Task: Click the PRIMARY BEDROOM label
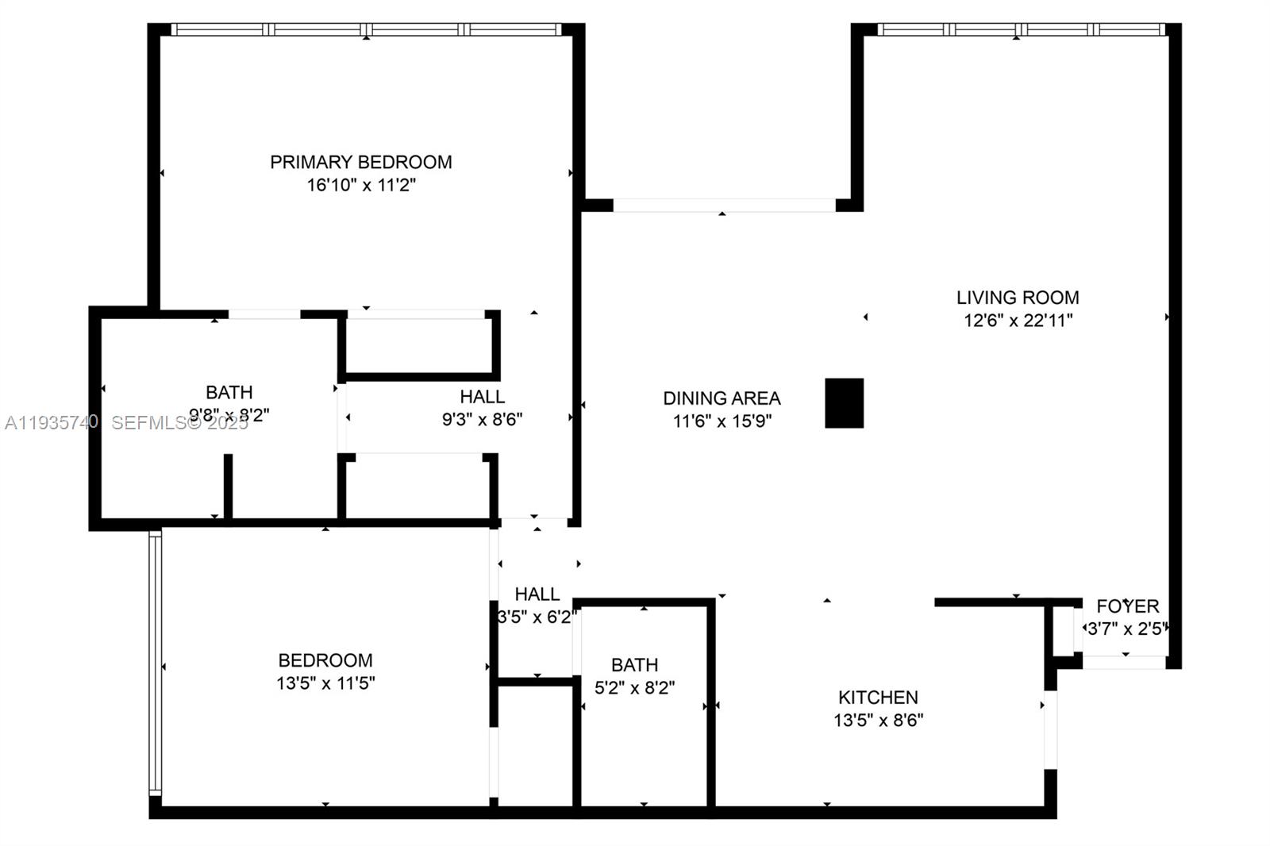point(361,162)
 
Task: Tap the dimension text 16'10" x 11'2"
point(361,185)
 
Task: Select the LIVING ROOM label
point(1018,298)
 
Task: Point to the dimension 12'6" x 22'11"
point(1018,321)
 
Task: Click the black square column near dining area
point(844,403)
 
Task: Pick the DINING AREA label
point(722,398)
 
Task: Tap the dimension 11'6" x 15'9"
point(722,421)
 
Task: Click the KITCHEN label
point(878,698)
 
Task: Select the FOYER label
point(1127,606)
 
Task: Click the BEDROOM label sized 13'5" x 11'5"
point(325,660)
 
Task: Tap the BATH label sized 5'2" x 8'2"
point(634,665)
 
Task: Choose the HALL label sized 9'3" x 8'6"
point(482,396)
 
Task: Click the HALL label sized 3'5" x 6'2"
point(537,594)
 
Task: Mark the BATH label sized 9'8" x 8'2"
point(229,392)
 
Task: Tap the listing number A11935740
point(52,422)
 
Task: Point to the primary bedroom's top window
point(366,30)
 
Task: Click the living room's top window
point(1021,30)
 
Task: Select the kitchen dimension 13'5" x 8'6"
point(878,721)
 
